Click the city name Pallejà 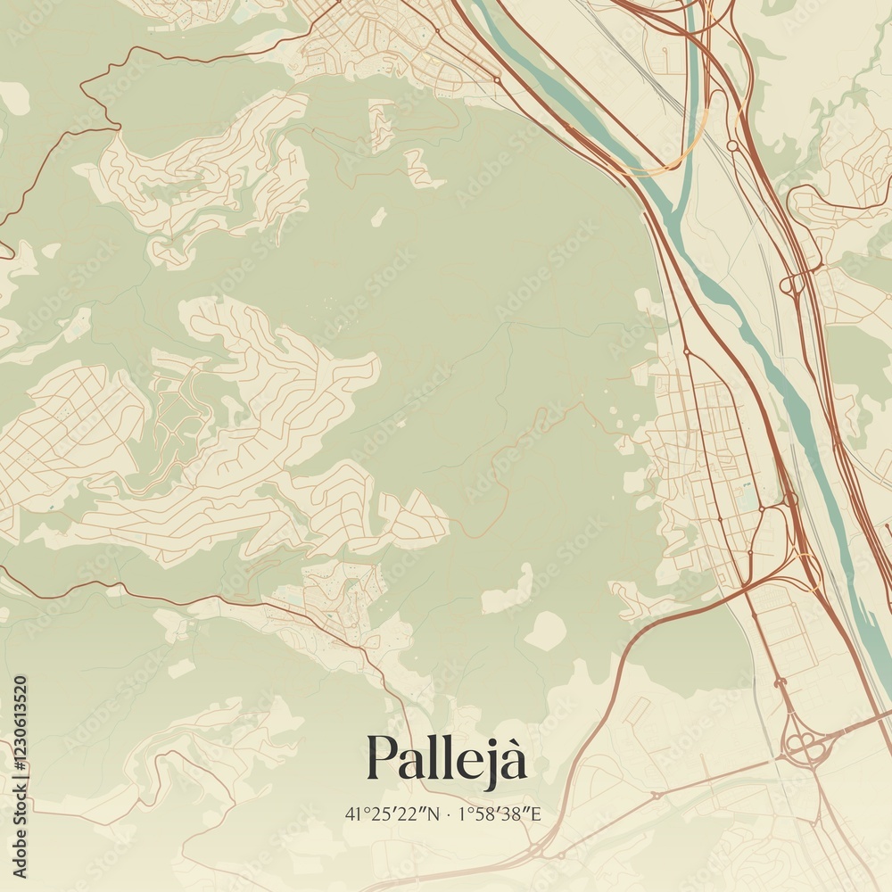[x=446, y=758]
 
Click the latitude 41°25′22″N [x=392, y=814]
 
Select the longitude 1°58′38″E [x=500, y=814]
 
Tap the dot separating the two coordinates [x=448, y=814]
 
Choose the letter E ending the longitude [x=536, y=814]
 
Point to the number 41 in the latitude [x=351, y=814]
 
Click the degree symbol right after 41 [x=359, y=810]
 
